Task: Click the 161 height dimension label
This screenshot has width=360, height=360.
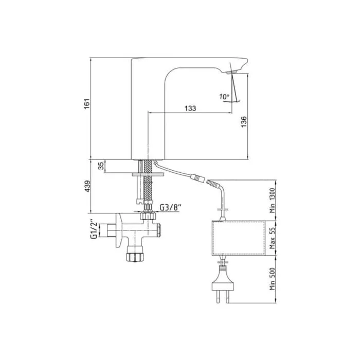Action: [86, 104]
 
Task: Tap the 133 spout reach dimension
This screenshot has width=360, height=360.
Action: [190, 109]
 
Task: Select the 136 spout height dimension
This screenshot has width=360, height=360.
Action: [244, 122]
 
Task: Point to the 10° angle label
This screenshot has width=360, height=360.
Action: [224, 97]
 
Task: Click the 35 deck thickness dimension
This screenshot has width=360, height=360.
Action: [101, 166]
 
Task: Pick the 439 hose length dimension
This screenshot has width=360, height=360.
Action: [87, 186]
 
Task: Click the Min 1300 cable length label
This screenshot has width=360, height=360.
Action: [272, 201]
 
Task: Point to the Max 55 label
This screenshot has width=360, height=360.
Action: [272, 238]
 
